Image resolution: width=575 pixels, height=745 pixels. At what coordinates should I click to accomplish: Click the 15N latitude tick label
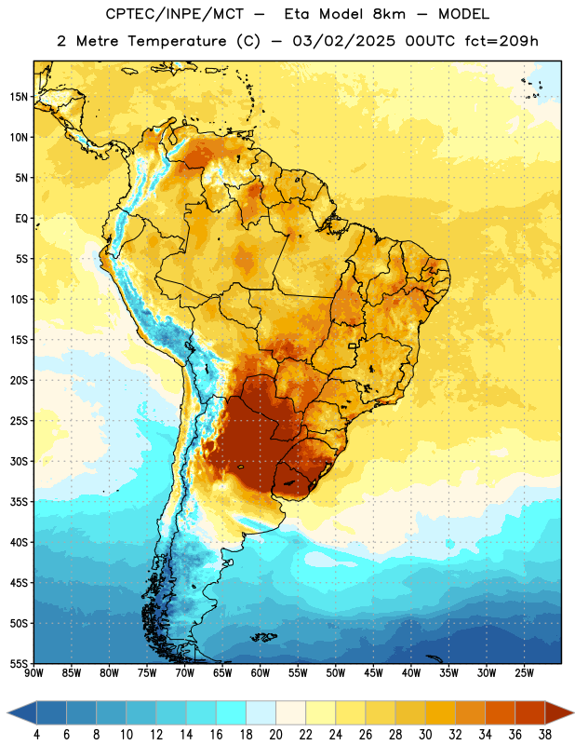pyautogui.click(x=18, y=97)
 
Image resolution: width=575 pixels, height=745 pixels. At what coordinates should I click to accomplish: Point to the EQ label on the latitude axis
pyautogui.click(x=21, y=219)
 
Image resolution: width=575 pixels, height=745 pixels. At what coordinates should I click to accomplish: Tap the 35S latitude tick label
pyautogui.click(x=19, y=502)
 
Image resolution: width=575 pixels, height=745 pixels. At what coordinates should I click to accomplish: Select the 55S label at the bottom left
pyautogui.click(x=19, y=664)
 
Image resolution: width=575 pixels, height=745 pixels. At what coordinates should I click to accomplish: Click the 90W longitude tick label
pyautogui.click(x=33, y=673)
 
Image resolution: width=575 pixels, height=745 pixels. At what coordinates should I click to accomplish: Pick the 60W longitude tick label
pyautogui.click(x=261, y=673)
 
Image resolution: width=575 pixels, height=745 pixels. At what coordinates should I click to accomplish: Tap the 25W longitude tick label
pyautogui.click(x=524, y=673)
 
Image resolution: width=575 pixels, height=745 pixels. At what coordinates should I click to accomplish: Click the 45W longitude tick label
pyautogui.click(x=373, y=673)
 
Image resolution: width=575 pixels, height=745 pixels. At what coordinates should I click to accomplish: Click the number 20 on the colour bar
pyautogui.click(x=275, y=735)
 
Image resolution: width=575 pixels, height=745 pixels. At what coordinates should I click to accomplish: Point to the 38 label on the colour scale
pyautogui.click(x=545, y=735)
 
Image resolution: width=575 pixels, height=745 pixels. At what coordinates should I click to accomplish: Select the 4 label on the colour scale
pyautogui.click(x=36, y=735)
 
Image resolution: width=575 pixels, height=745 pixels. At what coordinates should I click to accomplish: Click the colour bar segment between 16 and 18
pyautogui.click(x=232, y=712)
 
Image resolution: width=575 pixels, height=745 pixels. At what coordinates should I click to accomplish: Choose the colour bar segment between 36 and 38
pyautogui.click(x=530, y=712)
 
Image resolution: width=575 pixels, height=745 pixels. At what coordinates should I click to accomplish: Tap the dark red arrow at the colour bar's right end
pyautogui.click(x=557, y=712)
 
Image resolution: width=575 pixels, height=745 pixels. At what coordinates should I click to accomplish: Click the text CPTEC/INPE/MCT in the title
pyautogui.click(x=174, y=14)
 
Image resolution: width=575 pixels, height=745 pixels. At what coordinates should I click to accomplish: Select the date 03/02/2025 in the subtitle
pyautogui.click(x=343, y=41)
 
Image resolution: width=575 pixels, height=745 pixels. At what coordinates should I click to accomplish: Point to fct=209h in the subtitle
pyautogui.click(x=501, y=41)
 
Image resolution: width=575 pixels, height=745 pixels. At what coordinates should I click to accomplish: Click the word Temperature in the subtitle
pyautogui.click(x=177, y=41)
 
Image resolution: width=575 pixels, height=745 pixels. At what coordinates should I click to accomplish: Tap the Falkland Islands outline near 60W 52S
pyautogui.click(x=263, y=637)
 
